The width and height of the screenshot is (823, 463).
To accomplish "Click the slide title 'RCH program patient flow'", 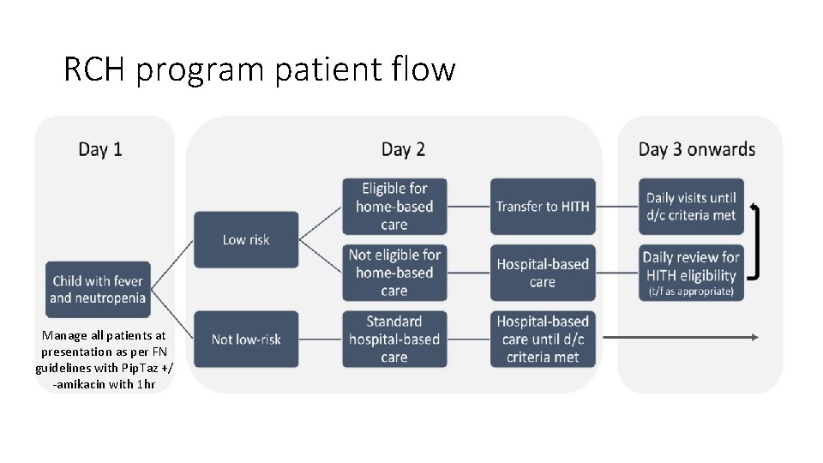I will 259,69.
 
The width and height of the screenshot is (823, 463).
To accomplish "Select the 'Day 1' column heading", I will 100,149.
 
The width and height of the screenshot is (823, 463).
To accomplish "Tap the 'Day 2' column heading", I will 403,149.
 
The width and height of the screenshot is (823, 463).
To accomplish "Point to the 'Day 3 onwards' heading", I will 696,149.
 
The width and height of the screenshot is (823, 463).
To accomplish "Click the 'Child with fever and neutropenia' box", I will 98,289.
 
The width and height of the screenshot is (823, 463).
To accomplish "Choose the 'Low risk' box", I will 246,240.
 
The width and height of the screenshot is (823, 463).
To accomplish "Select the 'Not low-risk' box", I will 246,340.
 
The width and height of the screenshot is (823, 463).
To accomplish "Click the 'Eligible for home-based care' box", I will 394,207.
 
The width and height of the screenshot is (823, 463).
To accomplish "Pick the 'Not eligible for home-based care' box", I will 394,273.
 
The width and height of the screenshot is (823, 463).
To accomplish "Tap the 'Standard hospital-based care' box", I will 394,340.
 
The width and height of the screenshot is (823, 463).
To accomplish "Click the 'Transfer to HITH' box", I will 542,207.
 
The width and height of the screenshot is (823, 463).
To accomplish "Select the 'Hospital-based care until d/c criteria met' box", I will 542,340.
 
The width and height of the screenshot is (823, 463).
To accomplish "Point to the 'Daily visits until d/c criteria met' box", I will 691,207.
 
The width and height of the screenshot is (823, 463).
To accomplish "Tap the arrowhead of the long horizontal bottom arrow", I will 754,338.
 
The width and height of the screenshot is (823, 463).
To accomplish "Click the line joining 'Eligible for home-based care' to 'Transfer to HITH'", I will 468,207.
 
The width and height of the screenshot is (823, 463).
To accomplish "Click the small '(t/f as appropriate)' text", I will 691,292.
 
